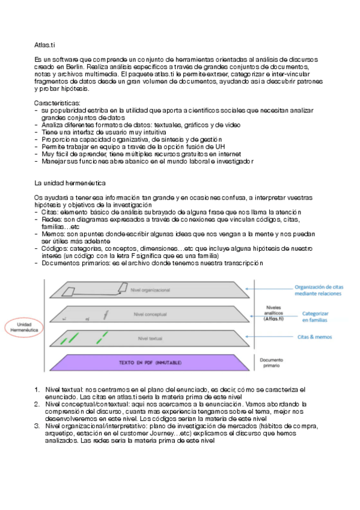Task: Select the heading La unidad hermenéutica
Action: [69, 182]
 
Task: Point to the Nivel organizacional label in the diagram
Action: [150, 290]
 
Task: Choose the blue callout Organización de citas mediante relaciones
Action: [319, 291]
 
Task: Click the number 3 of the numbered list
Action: [37, 426]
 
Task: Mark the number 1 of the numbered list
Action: [37, 390]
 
